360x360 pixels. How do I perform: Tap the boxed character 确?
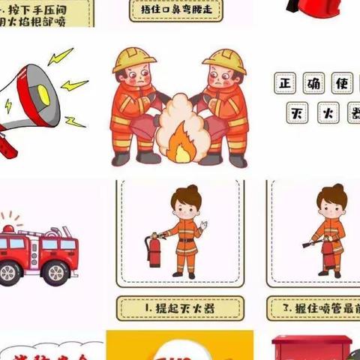315,83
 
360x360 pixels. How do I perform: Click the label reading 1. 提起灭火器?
180,307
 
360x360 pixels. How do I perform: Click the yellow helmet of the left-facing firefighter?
133,60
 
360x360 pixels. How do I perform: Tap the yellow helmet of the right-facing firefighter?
225,60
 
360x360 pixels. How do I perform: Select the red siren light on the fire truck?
10,227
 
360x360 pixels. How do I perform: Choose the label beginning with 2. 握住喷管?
315,307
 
